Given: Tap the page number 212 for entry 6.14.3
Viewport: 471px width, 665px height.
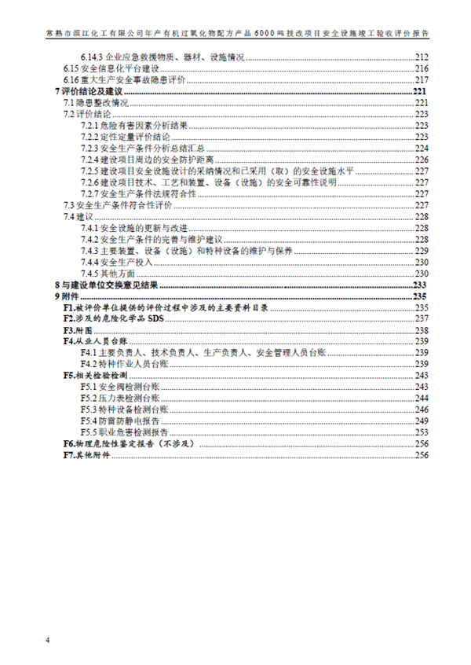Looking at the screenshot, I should tap(421, 57).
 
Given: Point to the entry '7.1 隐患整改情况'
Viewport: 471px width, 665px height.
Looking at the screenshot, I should tap(95, 103).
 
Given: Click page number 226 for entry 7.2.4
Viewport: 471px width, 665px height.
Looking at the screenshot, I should tap(421, 160).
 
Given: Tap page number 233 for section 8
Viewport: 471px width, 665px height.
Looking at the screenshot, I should tap(419, 285).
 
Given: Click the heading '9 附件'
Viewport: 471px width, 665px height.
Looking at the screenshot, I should tap(68, 296).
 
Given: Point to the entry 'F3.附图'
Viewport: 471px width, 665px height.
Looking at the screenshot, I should tap(78, 330).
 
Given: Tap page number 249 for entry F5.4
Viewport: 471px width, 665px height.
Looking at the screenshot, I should tap(421, 421).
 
